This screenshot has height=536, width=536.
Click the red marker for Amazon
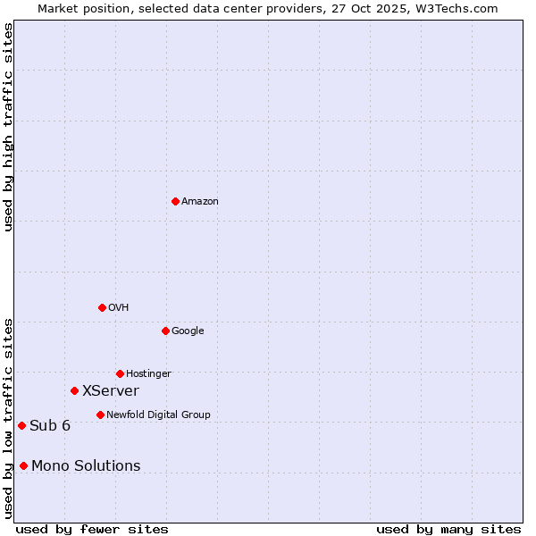(175, 201)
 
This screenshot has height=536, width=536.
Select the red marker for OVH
(102, 307)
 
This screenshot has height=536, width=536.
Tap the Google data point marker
(165, 331)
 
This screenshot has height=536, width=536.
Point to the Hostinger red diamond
(120, 373)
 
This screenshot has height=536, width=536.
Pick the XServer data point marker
(74, 390)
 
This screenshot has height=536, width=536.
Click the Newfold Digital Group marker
(100, 415)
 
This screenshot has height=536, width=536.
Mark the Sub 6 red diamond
(21, 425)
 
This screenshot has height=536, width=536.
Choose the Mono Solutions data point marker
(23, 465)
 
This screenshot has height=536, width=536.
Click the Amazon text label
(199, 202)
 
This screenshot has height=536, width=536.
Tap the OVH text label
(118, 308)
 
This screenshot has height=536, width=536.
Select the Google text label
(188, 331)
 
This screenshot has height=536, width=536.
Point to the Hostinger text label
(148, 374)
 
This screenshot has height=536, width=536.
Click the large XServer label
(110, 391)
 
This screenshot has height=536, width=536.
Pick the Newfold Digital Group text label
(158, 415)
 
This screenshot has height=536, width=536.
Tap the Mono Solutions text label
(86, 466)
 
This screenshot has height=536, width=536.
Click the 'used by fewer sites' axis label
(92, 529)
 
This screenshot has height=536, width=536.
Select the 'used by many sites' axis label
(448, 529)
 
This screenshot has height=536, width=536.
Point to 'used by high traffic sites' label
(8, 128)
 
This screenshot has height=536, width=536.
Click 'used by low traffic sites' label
(8, 418)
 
